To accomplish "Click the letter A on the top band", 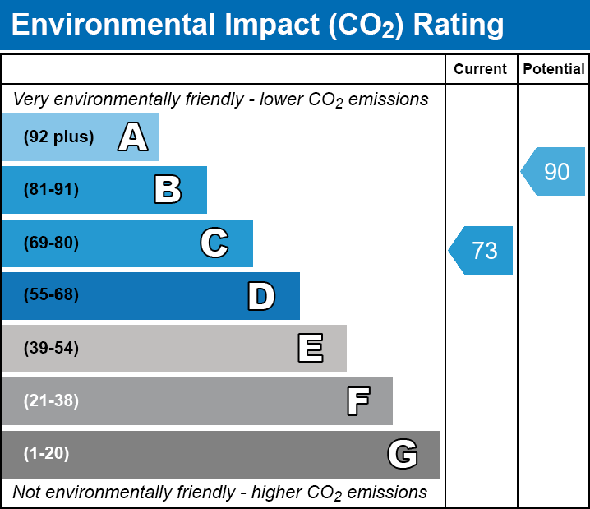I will pyautogui.click(x=133, y=137).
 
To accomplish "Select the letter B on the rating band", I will pyautogui.click(x=168, y=190).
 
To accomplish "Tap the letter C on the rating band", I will pyautogui.click(x=214, y=243).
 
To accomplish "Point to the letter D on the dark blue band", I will pyautogui.click(x=261, y=296).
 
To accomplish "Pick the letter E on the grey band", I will pyautogui.click(x=310, y=349).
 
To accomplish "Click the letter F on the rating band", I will pyautogui.click(x=357, y=401).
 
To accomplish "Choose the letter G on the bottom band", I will pyautogui.click(x=403, y=454).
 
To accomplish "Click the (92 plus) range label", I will pyautogui.click(x=58, y=137).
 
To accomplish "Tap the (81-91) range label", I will pyautogui.click(x=51, y=190).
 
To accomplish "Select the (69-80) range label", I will pyautogui.click(x=51, y=243).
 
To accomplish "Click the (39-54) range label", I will pyautogui.click(x=51, y=349).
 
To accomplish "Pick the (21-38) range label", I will pyautogui.click(x=51, y=401).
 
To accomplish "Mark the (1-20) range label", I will pyautogui.click(x=47, y=454).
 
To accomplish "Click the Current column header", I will pyautogui.click(x=481, y=70).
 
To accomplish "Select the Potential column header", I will pyautogui.click(x=554, y=70).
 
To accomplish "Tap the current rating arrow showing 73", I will pyautogui.click(x=482, y=250).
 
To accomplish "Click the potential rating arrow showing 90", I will pyautogui.click(x=555, y=172).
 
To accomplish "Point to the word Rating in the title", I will pyautogui.click(x=458, y=25).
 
